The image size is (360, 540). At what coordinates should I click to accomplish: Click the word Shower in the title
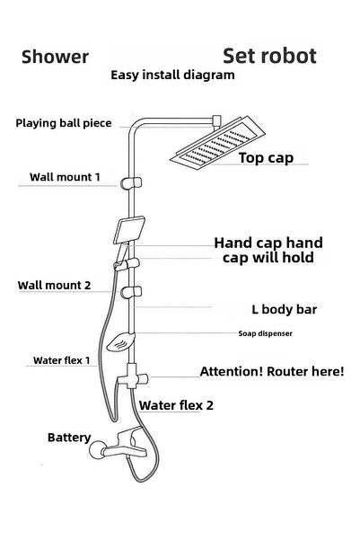[x=55, y=57]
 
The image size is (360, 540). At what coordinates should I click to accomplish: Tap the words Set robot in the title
[x=269, y=56]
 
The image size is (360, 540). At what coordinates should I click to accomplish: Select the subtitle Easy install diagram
[x=172, y=75]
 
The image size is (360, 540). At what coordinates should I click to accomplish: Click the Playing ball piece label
[x=64, y=123]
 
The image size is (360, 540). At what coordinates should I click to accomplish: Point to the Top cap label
[x=266, y=158]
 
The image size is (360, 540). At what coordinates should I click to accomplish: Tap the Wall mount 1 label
[x=65, y=177]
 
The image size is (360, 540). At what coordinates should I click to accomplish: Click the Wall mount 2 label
[x=55, y=285]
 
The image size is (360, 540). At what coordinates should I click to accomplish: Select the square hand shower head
[x=129, y=230]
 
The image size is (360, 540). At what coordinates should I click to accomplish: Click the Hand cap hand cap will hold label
[x=268, y=250]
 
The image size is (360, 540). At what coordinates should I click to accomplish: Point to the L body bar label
[x=285, y=309]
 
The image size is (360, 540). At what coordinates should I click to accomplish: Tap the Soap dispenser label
[x=266, y=333]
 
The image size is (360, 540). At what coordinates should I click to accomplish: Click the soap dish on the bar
[x=120, y=342]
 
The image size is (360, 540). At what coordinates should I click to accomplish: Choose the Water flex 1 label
[x=62, y=360]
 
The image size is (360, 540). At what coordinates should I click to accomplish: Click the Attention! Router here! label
[x=272, y=371]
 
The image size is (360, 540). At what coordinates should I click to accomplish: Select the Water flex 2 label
[x=176, y=405]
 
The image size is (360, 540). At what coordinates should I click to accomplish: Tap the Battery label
[x=69, y=438]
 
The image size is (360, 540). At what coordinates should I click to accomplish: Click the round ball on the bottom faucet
[x=97, y=450]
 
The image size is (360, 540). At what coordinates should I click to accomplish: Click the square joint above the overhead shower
[x=216, y=121]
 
